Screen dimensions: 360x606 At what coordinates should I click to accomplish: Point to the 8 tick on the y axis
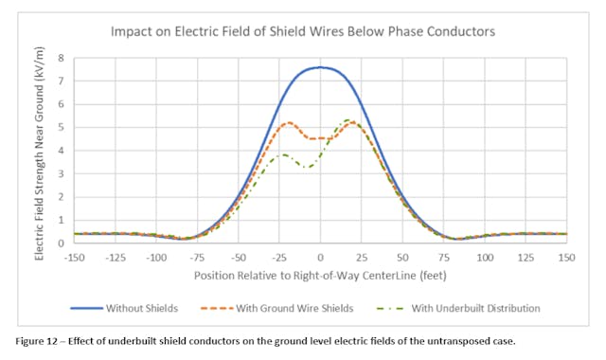point(61,58)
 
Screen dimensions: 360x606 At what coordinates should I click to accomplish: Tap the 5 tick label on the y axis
point(61,127)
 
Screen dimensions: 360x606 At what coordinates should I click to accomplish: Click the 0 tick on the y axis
point(61,243)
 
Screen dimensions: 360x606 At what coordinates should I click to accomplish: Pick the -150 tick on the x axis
point(74,257)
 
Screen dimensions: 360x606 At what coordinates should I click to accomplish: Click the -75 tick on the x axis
point(197,257)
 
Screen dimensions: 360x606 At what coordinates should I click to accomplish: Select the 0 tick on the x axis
point(320,257)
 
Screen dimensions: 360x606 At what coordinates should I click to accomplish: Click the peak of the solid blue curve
point(320,67)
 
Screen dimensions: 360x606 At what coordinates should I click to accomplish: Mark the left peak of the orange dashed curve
point(289,122)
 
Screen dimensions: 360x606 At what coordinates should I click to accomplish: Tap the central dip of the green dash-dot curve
point(307,167)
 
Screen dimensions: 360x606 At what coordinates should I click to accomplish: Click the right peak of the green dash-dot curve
point(348,120)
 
